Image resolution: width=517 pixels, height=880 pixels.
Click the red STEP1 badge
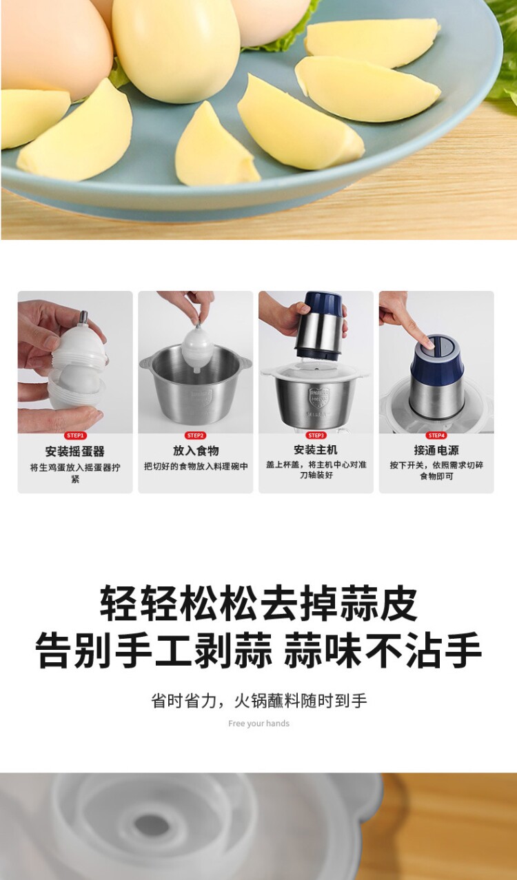point(75,436)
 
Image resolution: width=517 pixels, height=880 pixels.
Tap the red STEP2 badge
point(195,436)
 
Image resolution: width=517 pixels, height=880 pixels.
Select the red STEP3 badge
point(316,436)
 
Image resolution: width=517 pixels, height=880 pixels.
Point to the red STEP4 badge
point(436,436)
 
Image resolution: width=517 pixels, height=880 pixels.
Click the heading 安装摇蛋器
point(75,451)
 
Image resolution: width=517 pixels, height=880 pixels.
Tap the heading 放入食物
point(196,451)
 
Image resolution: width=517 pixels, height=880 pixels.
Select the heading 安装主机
point(316,450)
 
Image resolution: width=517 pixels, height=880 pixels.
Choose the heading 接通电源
point(436,450)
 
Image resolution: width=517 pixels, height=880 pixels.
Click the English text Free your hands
point(258,724)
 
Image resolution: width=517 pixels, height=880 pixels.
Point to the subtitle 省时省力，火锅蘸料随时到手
point(259,701)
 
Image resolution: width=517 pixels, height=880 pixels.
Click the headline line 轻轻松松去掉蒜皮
point(258,604)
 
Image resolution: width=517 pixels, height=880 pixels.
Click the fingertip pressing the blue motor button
point(427,344)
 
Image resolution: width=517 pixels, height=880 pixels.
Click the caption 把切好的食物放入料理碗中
point(196,467)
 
